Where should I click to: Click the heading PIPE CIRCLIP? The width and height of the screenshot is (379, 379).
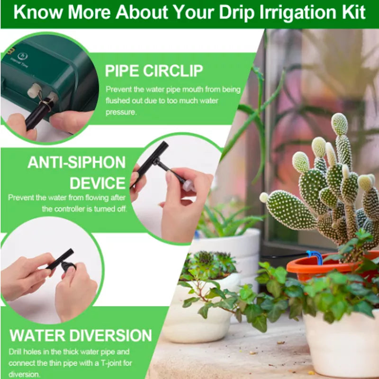(153, 71)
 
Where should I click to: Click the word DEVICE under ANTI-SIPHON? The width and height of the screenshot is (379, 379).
(98, 183)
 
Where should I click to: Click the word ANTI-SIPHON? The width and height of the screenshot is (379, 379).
(76, 162)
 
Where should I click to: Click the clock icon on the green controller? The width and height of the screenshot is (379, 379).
(23, 56)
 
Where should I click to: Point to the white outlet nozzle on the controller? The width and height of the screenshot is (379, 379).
(34, 90)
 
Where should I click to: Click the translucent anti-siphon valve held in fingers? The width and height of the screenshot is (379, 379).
(189, 186)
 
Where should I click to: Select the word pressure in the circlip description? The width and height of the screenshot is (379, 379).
(121, 112)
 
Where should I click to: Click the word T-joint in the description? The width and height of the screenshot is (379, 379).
(114, 363)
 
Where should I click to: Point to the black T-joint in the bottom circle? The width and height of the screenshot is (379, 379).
(63, 261)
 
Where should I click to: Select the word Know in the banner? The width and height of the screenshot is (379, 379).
(38, 12)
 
